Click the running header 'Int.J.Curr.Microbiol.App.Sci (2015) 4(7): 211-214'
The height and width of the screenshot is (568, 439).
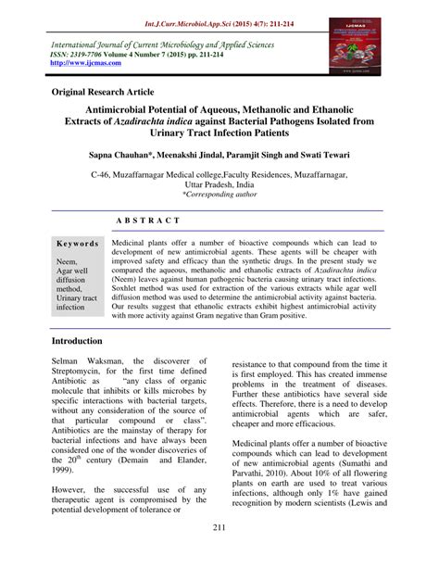click(219, 18)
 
